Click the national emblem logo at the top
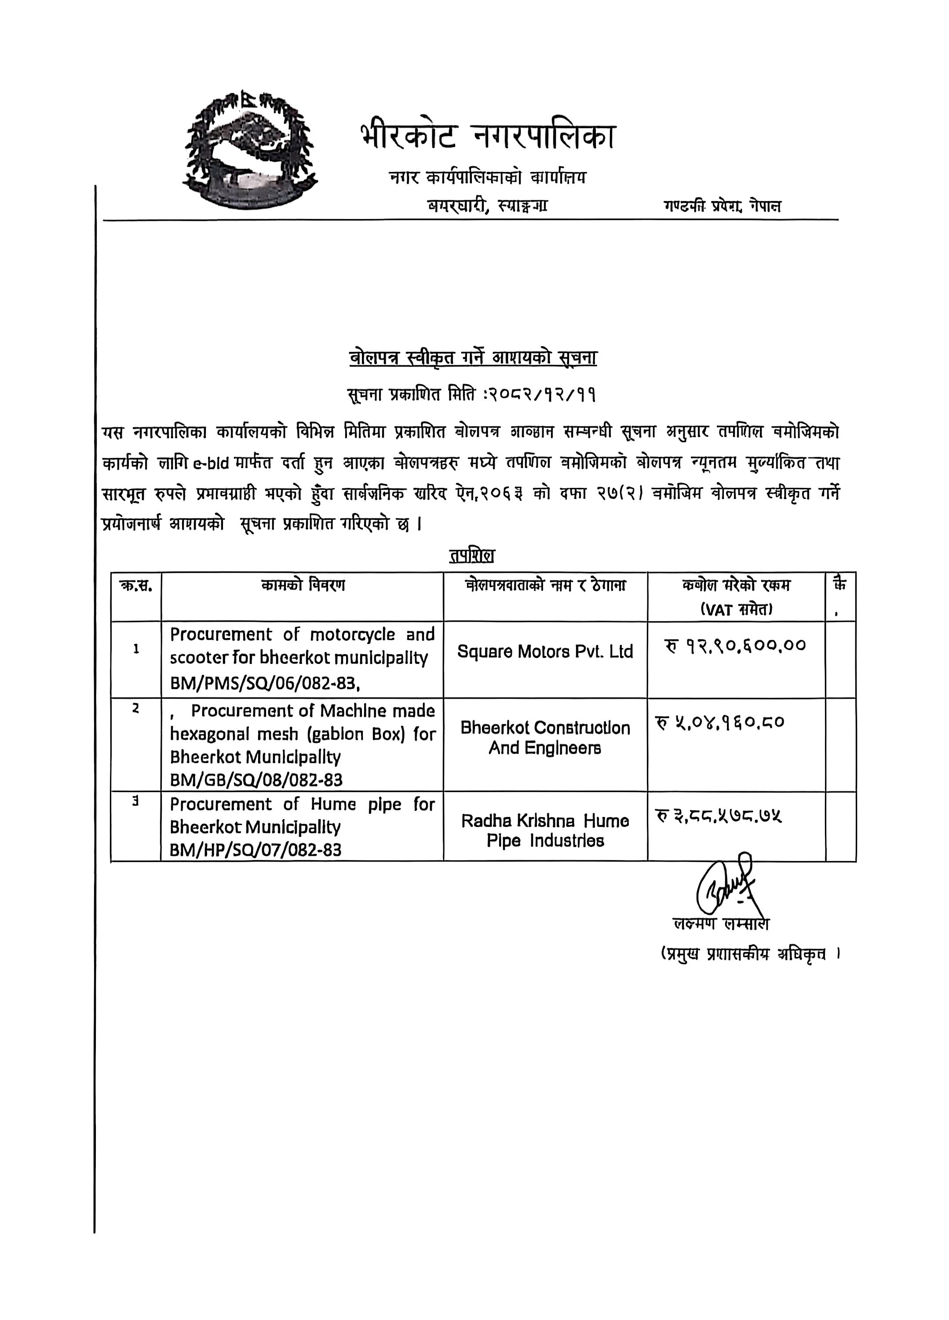click(x=251, y=150)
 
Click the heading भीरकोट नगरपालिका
click(x=486, y=137)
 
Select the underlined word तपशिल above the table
click(x=471, y=555)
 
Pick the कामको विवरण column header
click(x=303, y=585)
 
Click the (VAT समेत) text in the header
click(x=736, y=609)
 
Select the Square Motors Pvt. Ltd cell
click(x=544, y=651)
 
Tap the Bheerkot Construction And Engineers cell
click(x=544, y=737)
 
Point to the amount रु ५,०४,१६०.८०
click(x=720, y=723)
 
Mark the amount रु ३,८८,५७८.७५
click(x=719, y=817)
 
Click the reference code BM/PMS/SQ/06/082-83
click(x=265, y=683)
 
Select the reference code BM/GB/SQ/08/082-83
click(x=256, y=779)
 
